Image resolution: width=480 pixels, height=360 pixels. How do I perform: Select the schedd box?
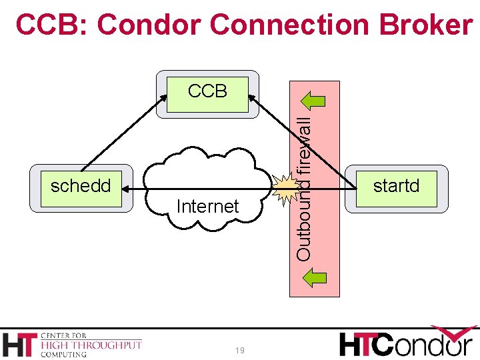pos(81,186)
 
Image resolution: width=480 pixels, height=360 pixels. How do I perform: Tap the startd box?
pos(396,186)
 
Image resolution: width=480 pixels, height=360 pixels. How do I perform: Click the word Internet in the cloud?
pos(207,207)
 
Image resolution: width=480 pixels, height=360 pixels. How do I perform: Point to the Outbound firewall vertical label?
pos(304,189)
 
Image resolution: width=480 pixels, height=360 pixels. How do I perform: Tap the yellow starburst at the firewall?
pos(287,189)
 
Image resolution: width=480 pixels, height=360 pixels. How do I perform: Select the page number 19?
pos(239,351)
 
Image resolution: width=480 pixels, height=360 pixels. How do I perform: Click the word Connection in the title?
pos(289,25)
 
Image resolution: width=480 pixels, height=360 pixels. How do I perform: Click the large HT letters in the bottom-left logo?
pos(20,344)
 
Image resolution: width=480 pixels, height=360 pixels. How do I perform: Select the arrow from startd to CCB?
pos(300,141)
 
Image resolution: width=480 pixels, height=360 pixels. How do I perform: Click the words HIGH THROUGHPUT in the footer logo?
pos(91,345)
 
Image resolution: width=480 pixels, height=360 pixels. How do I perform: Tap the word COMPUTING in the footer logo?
pos(64,355)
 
